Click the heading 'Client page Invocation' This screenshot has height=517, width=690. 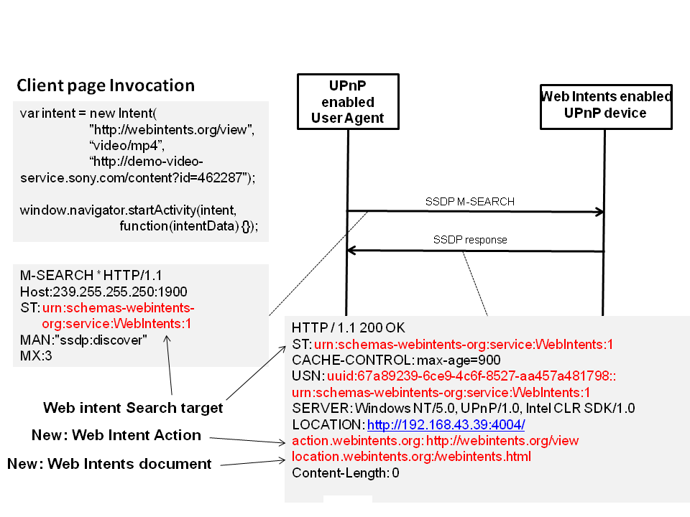(106, 86)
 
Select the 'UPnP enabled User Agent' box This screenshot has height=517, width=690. (348, 102)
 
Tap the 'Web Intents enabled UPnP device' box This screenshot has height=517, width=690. (605, 105)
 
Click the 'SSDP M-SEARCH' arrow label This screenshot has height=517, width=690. (469, 202)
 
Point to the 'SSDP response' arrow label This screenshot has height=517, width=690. (470, 240)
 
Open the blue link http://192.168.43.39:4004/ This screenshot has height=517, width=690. (446, 424)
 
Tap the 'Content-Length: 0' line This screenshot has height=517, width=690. (345, 472)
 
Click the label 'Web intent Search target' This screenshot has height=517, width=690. (133, 408)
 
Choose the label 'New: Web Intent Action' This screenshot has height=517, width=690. (116, 435)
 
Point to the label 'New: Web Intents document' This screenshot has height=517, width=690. (109, 464)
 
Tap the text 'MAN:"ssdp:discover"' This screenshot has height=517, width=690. (83, 340)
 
